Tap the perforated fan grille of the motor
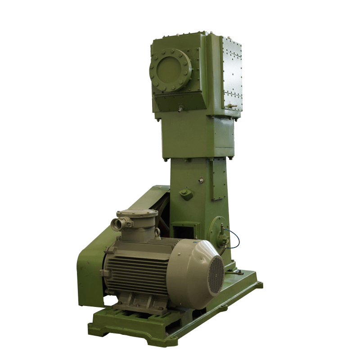216,275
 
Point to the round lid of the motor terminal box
137,213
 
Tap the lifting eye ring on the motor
157,232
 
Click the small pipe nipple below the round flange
180,109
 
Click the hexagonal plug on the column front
186,194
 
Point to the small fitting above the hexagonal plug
201,180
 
